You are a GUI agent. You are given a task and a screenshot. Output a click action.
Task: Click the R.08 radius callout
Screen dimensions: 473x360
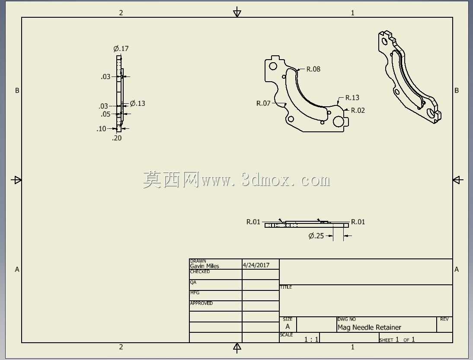(313, 69)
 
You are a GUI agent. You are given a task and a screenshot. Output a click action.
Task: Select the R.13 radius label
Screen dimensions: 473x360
(352, 98)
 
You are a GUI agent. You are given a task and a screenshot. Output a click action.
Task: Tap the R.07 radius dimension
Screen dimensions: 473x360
(263, 103)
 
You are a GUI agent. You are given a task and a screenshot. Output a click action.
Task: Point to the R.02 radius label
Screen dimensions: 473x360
(358, 110)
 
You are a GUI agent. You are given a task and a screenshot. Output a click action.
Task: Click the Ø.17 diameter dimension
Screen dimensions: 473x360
(121, 48)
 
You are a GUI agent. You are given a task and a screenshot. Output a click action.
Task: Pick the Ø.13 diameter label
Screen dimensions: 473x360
(137, 103)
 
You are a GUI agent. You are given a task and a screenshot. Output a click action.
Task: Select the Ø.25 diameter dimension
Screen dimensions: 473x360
(316, 236)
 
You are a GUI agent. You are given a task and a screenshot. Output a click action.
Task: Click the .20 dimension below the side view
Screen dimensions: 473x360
(117, 138)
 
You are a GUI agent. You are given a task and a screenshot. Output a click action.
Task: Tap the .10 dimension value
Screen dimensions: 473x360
(101, 129)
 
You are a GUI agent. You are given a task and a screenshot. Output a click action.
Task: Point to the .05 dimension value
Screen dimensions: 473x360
(105, 114)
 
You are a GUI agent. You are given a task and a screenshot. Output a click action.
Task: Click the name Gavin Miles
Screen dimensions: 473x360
(205, 266)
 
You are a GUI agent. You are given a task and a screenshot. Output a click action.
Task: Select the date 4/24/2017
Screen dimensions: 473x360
(256, 265)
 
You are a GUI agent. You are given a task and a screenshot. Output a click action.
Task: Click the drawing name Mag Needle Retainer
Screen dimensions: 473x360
(369, 328)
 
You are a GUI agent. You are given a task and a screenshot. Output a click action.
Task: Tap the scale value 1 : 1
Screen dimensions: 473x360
(311, 340)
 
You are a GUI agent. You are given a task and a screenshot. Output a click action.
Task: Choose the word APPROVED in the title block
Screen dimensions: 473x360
(201, 303)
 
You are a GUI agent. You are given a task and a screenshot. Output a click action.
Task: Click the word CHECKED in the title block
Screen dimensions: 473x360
(200, 272)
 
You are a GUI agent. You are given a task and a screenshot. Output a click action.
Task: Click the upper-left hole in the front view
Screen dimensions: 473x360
(273, 66)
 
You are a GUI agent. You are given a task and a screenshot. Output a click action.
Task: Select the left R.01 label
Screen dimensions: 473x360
(253, 222)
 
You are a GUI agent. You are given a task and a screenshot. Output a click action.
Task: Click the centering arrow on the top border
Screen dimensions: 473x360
(237, 12)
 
